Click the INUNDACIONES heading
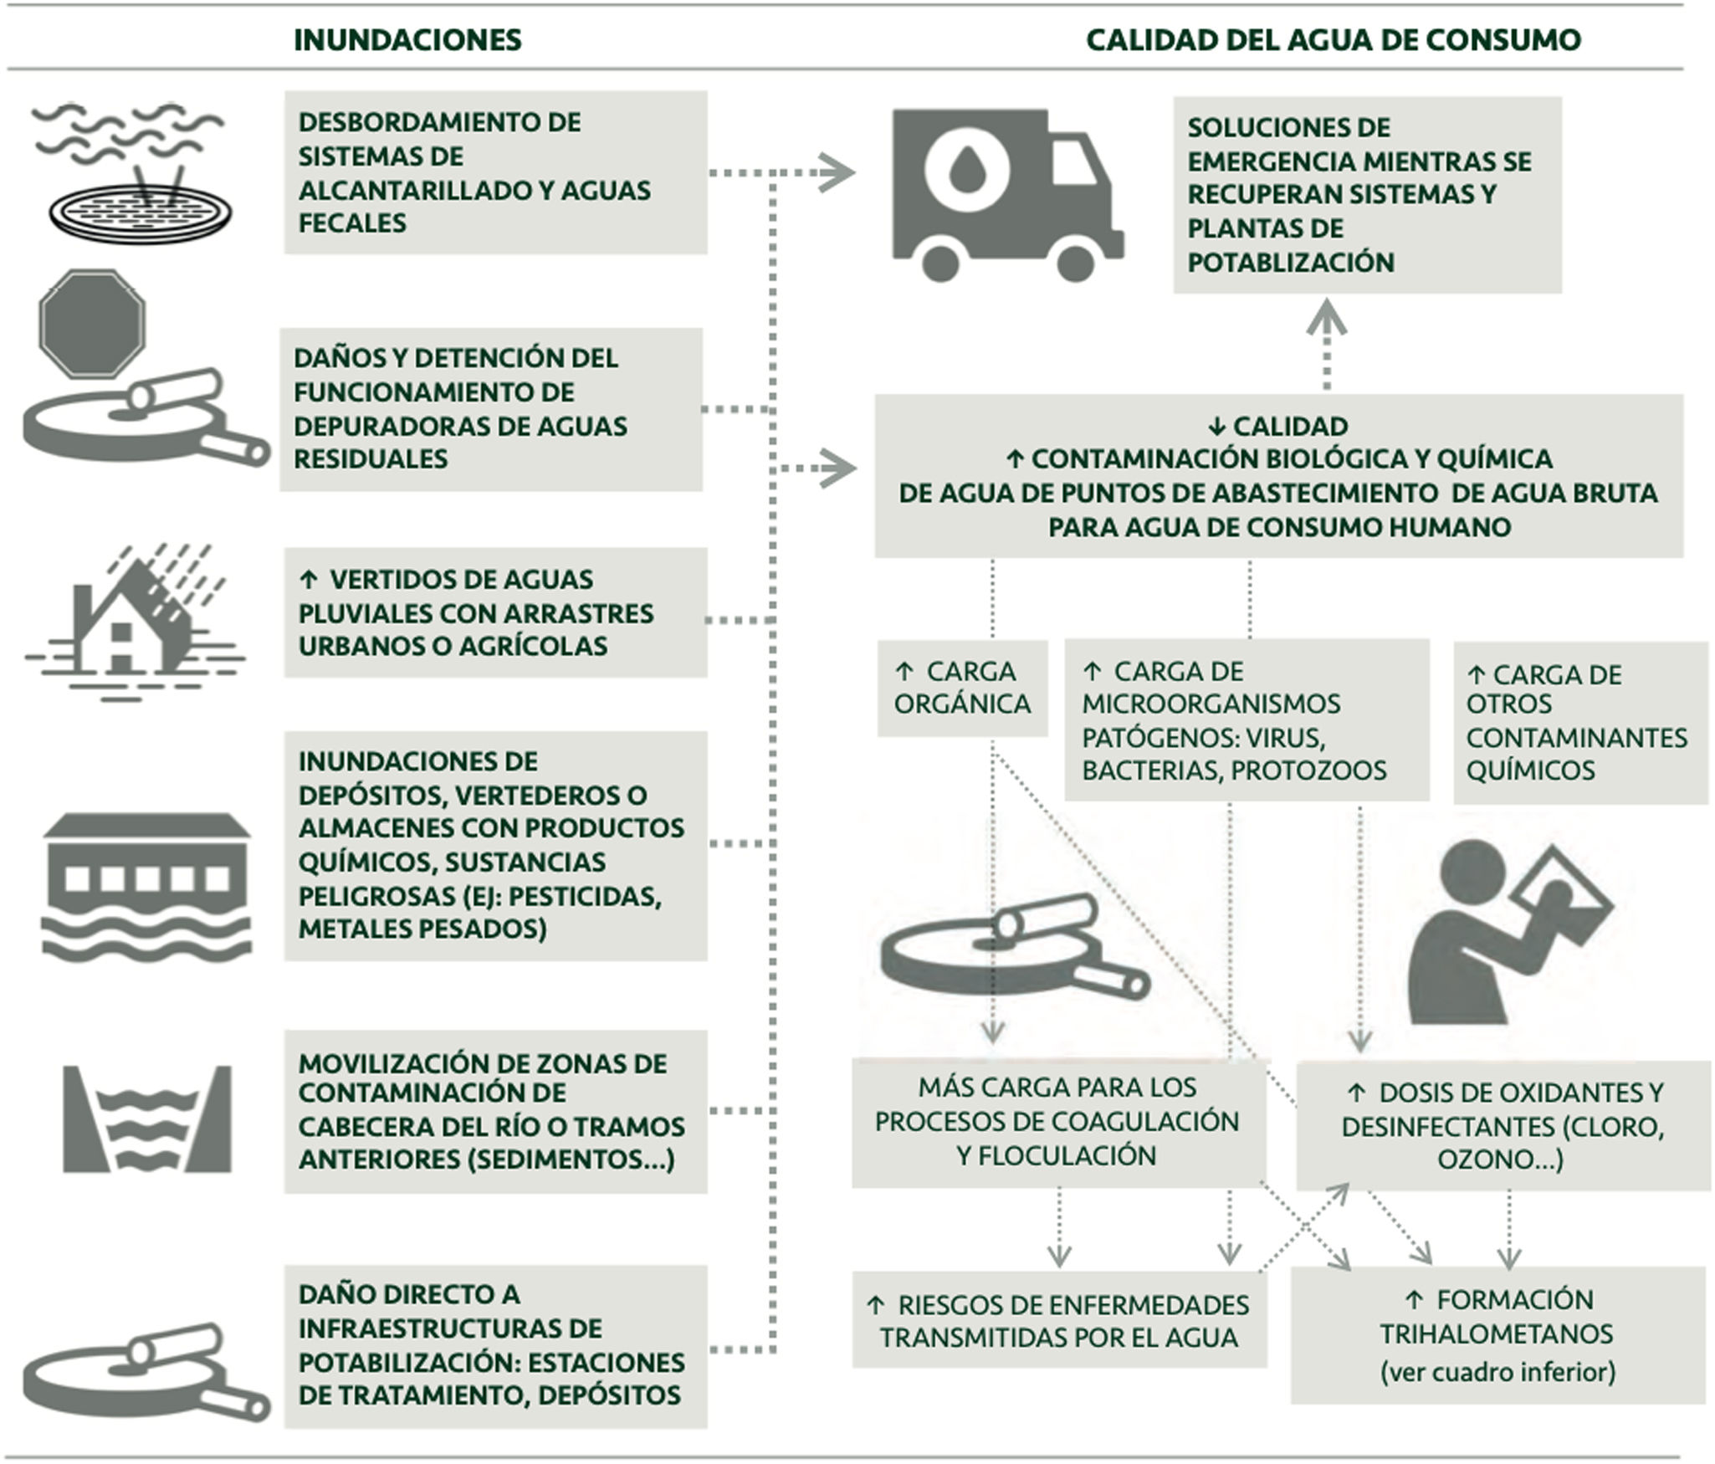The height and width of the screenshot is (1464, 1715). point(407,39)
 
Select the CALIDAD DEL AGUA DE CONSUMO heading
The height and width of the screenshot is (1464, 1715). point(1334,39)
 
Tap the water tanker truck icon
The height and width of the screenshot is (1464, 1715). point(1005,196)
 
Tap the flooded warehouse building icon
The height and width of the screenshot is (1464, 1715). point(147,887)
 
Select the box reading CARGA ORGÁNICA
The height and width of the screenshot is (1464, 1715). point(962,688)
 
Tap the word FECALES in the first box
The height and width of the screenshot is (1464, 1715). point(352,223)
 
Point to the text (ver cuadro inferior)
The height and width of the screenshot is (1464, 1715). point(1497,1372)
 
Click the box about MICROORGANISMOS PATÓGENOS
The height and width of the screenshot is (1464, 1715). point(1247,719)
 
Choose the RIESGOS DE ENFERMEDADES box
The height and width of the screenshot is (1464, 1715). point(1059,1320)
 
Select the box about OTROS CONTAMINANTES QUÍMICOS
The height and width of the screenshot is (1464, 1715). point(1579,722)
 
